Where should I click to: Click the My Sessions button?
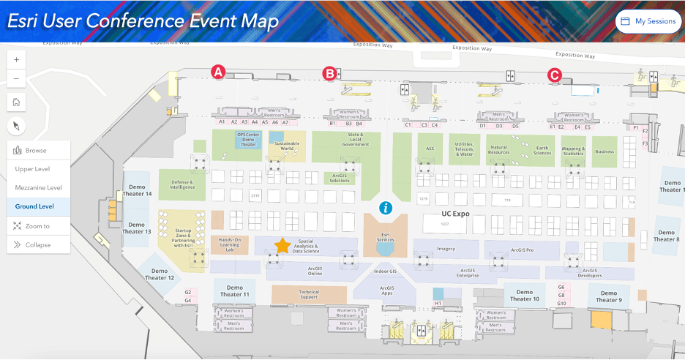point(648,21)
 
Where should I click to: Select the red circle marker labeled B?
point(330,73)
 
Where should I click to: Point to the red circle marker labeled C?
point(555,74)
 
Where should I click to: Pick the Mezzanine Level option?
point(38,188)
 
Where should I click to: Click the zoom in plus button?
point(16,59)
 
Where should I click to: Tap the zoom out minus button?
point(16,78)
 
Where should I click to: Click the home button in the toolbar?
point(16,102)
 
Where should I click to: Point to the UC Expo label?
point(454,214)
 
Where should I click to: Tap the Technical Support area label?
point(309,294)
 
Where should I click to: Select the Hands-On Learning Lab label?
point(228,244)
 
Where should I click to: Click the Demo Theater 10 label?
point(525,296)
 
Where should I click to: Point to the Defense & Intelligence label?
point(182,184)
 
